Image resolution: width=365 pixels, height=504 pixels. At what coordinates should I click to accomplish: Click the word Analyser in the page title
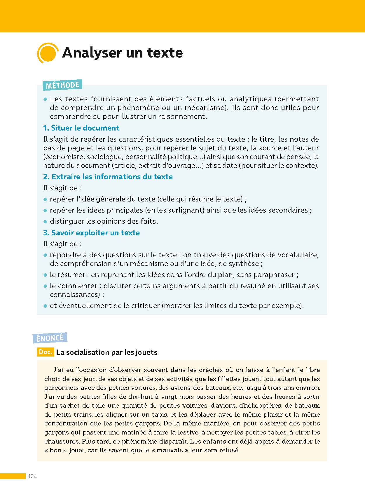pos(92,53)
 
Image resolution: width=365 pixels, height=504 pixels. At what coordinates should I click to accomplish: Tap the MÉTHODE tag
pos(62,85)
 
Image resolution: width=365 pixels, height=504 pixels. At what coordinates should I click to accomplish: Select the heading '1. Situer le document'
pos(81,128)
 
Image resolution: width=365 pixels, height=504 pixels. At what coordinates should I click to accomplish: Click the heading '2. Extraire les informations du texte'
pos(108,177)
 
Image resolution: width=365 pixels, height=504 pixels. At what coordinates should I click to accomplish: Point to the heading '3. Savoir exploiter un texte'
pos(91,233)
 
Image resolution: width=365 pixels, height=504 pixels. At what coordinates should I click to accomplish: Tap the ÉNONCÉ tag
pos(50,338)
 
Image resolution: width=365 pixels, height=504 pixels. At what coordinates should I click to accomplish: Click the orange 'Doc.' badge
pos(46,352)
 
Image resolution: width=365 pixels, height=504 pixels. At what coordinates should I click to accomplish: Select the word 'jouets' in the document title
pos(146,352)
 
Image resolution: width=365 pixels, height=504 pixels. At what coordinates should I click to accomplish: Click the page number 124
pos(32,476)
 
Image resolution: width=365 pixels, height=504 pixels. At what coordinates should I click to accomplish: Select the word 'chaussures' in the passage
pos(62,441)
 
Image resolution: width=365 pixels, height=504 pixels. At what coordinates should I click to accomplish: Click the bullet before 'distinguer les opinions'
pos(45,221)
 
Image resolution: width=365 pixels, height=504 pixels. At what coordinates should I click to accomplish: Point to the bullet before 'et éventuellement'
pos(45,306)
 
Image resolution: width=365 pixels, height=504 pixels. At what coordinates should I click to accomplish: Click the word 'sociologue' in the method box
pos(104,157)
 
